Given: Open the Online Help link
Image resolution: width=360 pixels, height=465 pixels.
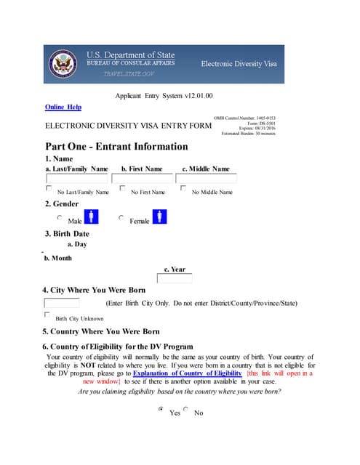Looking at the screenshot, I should point(63,108).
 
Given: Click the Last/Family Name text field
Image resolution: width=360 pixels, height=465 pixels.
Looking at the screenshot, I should point(77,179).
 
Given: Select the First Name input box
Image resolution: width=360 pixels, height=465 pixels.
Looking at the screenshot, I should point(142,179).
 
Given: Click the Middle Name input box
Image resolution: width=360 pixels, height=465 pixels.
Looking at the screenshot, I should point(206,179).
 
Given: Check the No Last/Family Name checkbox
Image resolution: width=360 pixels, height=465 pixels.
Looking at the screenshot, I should point(49,189).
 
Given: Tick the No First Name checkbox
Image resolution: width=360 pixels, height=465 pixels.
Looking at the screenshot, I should point(123,189).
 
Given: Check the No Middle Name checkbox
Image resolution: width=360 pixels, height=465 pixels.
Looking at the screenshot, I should point(183,189).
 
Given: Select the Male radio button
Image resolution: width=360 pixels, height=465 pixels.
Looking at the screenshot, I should point(60,217).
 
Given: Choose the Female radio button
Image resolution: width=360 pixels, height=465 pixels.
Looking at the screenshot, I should point(121,217).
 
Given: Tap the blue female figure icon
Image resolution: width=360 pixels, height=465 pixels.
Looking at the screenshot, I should point(160,217).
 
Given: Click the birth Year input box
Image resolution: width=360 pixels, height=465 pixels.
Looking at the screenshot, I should point(175,278).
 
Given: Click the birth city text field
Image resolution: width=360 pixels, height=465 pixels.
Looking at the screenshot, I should point(62,303).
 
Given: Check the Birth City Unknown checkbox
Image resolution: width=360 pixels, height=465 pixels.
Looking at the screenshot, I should point(48,315).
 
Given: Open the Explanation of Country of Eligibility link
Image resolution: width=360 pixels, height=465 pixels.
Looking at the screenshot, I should point(187,373).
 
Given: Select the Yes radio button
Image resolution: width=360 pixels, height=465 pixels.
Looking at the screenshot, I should point(161,410).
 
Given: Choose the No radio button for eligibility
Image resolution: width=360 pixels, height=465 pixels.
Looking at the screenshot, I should point(186,410).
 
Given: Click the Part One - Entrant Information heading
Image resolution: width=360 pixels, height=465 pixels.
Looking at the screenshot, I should point(116,147).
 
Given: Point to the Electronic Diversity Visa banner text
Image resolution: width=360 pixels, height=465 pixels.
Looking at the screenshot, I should point(239,65).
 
